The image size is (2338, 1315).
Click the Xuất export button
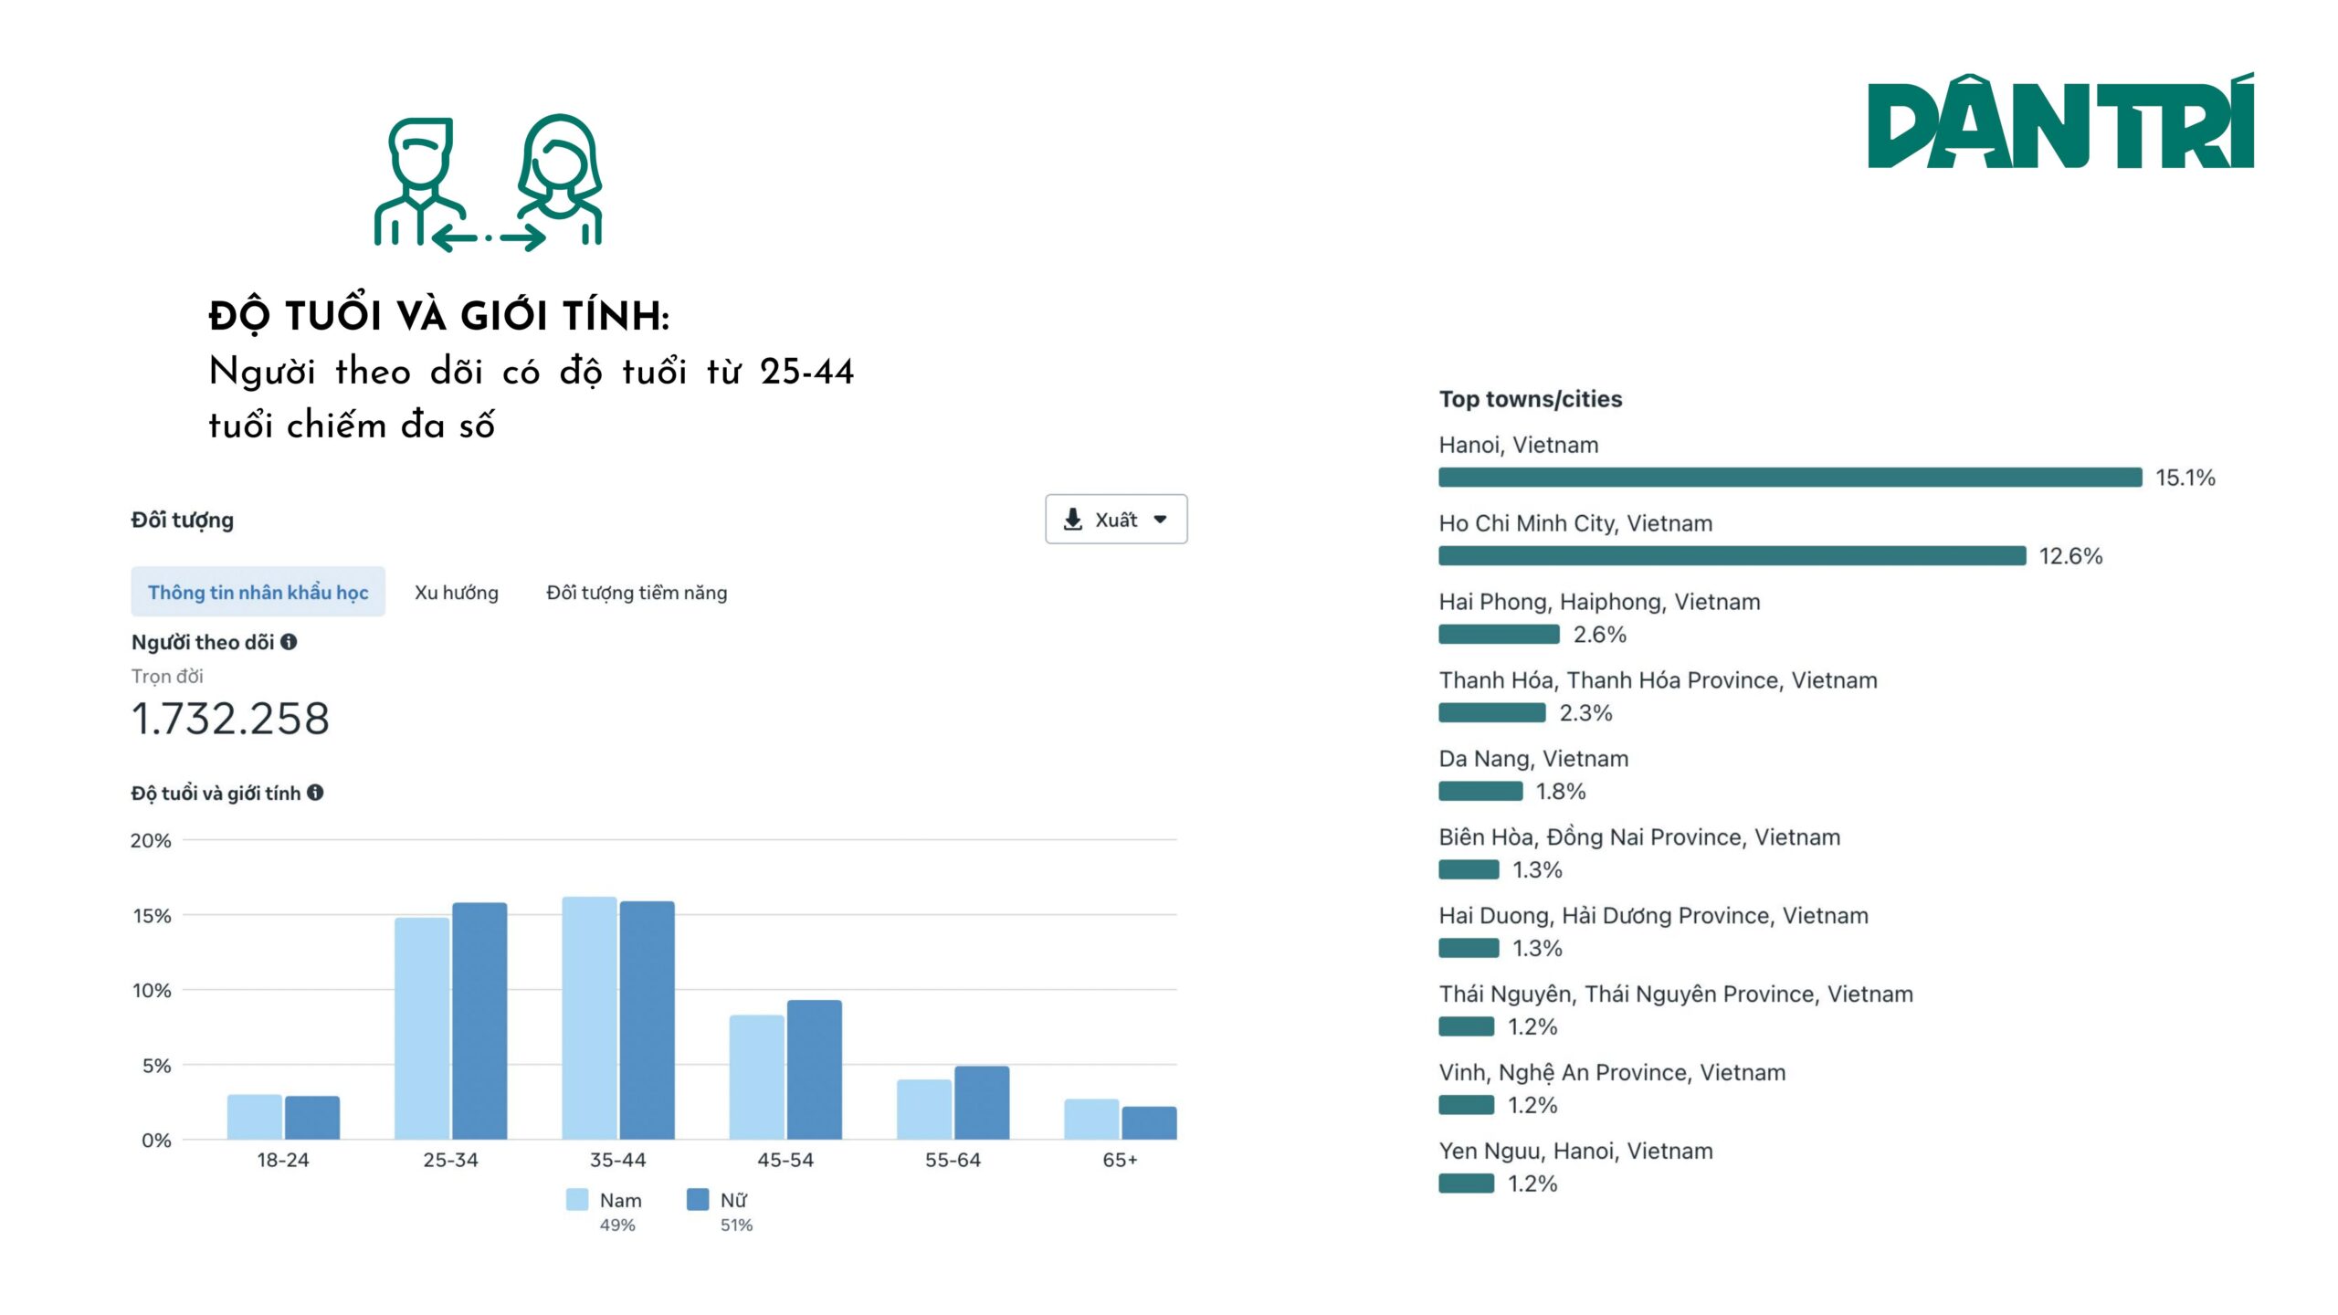[1115, 519]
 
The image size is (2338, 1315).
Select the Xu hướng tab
[456, 592]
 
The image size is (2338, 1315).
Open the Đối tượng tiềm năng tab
[636, 592]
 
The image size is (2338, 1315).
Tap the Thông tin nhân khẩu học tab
[258, 592]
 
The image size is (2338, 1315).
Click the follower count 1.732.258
[230, 718]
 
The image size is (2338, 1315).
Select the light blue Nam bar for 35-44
[589, 1017]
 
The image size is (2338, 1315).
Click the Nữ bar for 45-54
[814, 1069]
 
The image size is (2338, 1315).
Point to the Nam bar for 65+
[1090, 1119]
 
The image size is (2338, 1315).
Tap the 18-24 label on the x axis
[283, 1160]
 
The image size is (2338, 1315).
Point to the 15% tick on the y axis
[152, 915]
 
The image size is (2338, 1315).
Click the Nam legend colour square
[577, 1199]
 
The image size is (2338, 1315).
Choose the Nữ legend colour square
[697, 1199]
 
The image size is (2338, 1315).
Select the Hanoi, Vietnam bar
[1789, 477]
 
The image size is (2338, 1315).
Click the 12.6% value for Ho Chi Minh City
[2070, 555]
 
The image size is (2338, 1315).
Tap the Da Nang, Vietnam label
[1532, 758]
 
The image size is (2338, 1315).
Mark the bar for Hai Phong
[1499, 634]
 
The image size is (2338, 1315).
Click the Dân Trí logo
[2060, 121]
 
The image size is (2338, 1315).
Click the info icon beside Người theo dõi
[289, 642]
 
